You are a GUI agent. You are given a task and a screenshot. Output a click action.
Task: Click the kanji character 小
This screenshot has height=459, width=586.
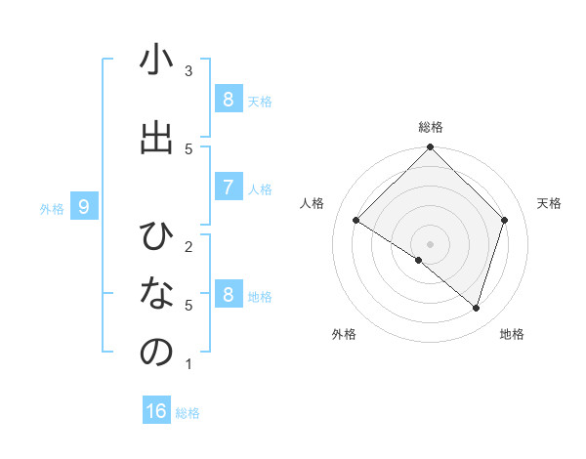tap(156, 61)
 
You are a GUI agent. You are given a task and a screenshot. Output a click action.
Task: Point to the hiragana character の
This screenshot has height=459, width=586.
tap(156, 353)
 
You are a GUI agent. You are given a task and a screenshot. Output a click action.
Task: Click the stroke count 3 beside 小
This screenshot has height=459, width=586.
tap(188, 70)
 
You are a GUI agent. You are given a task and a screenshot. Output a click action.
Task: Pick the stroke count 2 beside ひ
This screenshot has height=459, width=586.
tap(188, 245)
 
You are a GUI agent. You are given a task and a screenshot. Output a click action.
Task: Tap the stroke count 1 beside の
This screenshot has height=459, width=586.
tap(188, 364)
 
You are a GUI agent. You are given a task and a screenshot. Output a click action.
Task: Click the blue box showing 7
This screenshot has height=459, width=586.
tap(228, 188)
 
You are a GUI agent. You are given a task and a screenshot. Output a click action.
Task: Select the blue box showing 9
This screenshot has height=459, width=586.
tap(85, 207)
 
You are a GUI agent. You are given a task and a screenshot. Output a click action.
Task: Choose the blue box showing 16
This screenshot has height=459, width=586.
tap(156, 411)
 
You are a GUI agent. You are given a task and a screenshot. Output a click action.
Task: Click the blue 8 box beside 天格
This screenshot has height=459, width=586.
tap(228, 99)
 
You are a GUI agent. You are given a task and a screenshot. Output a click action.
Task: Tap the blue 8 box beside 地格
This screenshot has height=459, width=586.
tap(228, 295)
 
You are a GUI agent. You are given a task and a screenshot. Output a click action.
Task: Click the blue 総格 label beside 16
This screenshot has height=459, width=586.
tap(188, 413)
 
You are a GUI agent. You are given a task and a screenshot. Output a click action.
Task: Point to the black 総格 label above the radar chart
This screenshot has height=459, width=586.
tap(431, 127)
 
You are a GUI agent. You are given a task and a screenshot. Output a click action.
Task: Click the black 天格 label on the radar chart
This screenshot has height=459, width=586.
tap(550, 203)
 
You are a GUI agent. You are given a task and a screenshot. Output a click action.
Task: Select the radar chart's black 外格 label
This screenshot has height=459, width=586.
tap(344, 334)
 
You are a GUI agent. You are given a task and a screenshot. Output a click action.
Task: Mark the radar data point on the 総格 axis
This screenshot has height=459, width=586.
tap(431, 148)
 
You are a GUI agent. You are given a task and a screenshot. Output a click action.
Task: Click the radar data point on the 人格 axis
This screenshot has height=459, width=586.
tap(356, 221)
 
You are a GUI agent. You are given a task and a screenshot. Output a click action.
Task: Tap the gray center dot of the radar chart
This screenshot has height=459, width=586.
tap(431, 243)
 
